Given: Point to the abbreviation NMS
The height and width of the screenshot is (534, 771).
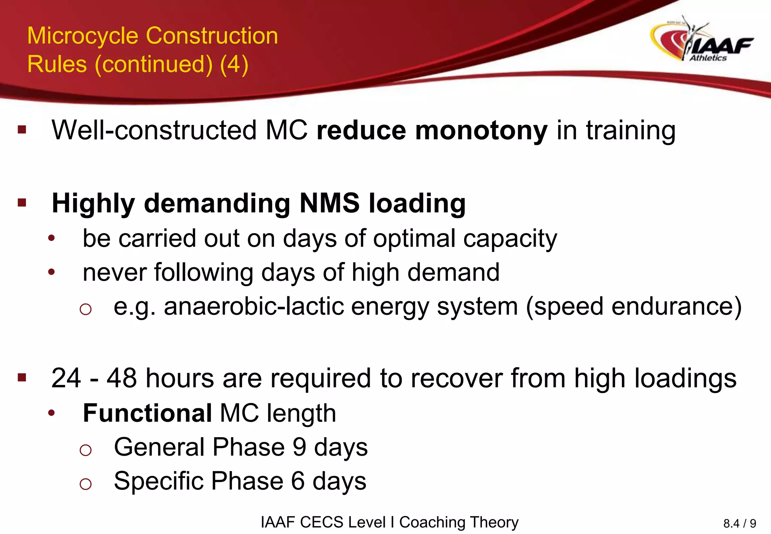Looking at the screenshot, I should (x=329, y=203).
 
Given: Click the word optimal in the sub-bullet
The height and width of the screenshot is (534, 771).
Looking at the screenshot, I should (x=414, y=239).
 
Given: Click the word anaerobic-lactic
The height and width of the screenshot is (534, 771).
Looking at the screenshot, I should (x=253, y=307).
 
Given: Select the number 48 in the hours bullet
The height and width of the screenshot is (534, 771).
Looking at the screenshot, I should (x=122, y=378).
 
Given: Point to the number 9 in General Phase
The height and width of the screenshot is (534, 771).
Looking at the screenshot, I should (x=299, y=447).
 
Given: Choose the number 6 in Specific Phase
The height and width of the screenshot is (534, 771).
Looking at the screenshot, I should (x=298, y=481).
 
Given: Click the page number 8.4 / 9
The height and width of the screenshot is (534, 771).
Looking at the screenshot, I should (x=739, y=523).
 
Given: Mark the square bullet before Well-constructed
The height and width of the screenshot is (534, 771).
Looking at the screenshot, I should (x=22, y=130).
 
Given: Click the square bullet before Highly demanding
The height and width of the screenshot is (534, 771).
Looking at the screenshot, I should (x=22, y=203).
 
